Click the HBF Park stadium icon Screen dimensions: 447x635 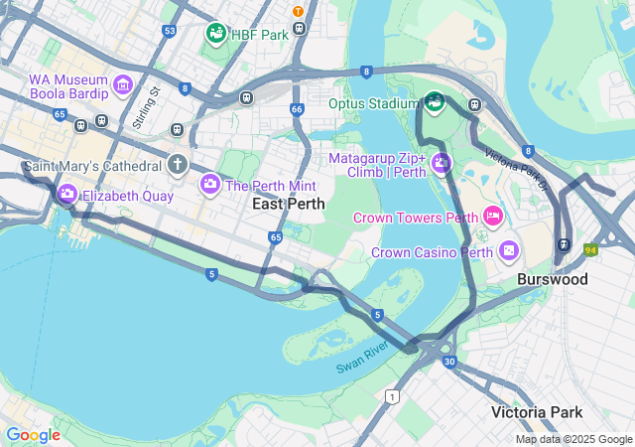click(x=216, y=34)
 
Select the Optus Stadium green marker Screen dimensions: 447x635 click(x=434, y=102)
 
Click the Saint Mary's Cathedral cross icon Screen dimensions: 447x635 click(x=178, y=164)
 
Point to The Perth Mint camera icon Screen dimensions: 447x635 click(x=210, y=184)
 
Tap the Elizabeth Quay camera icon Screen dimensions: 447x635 click(x=66, y=195)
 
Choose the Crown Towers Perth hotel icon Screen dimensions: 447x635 click(x=492, y=217)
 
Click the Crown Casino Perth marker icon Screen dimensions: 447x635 click(x=510, y=250)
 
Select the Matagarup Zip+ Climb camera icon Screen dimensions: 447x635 click(x=441, y=163)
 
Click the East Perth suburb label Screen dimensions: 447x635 click(x=289, y=203)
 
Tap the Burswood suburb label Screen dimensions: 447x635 click(x=553, y=280)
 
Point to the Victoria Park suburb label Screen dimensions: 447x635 click(x=537, y=411)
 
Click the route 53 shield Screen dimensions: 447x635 click(x=170, y=32)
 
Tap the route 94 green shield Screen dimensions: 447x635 click(x=589, y=250)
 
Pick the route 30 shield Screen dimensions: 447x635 click(x=449, y=362)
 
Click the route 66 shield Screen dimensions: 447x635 click(x=297, y=109)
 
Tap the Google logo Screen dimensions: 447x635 click(x=33, y=435)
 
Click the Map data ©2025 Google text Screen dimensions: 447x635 click(x=573, y=439)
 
